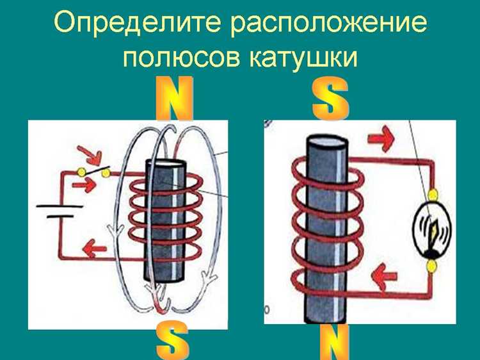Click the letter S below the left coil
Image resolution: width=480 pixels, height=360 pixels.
173,341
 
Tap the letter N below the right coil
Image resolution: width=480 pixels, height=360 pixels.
333,342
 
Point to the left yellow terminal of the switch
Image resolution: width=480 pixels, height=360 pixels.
81,172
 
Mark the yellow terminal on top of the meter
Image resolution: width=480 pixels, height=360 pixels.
433,193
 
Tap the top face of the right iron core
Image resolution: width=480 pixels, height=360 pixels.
328,140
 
